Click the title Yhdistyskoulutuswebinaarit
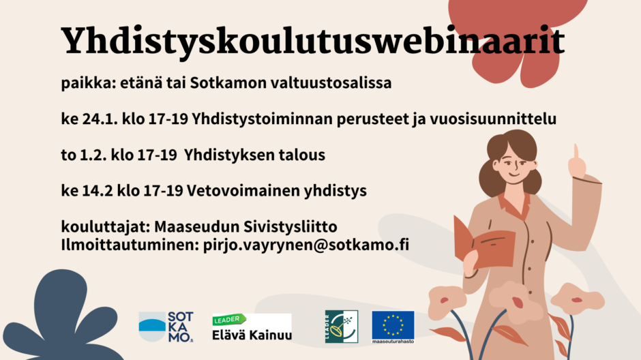pos(313,42)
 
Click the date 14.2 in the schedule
pos(98,191)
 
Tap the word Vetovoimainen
pos(243,191)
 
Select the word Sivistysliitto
pos(290,227)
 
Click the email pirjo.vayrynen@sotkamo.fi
pos(306,245)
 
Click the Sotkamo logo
pos(166,327)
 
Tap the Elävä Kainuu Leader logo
pos(252,327)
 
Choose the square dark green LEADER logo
pos(342,327)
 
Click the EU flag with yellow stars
pos(393,327)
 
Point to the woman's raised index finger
pos(576,151)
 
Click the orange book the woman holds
pos(484,243)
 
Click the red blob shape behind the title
pos(517,37)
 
